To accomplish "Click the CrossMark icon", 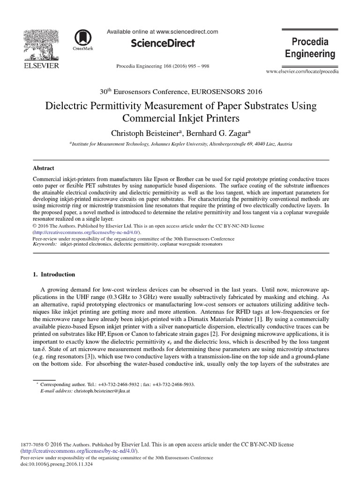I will [83, 39].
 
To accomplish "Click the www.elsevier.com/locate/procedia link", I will [302, 71].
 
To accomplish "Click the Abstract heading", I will [43, 168].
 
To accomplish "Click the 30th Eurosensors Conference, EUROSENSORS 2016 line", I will [180, 91].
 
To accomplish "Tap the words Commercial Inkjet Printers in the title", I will [180, 117].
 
